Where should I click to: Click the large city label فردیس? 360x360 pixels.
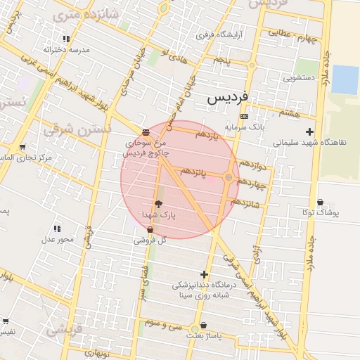coord(226,100)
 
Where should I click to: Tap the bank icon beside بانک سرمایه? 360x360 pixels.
coord(244,116)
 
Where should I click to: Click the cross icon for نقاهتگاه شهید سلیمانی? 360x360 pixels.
coord(309,131)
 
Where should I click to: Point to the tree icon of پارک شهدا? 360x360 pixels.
coord(158,204)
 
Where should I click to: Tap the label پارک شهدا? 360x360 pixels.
coord(158,214)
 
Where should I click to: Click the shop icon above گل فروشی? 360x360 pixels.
coord(150,230)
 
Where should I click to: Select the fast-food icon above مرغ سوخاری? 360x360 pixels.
coord(146,131)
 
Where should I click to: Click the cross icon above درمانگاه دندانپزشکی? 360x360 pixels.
coord(204,274)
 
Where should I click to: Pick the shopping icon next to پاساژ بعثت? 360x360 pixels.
coord(204,326)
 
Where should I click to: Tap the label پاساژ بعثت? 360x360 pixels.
coord(204,336)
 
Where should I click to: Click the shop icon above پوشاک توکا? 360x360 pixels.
coord(320,202)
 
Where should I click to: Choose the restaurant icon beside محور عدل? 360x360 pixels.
coord(57,229)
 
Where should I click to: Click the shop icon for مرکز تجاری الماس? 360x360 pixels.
coord(23,147)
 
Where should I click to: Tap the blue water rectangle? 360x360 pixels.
coord(345,79)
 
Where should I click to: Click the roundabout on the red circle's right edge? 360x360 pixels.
coord(229,177)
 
